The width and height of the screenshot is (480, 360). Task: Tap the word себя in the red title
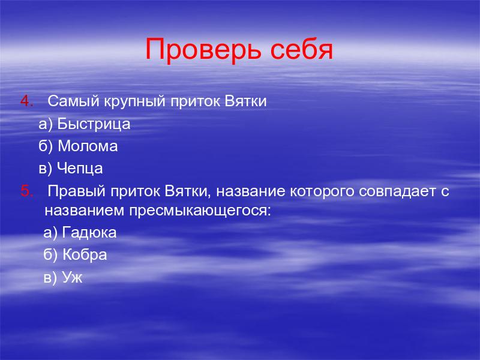(302, 49)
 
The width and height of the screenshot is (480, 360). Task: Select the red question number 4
(26, 101)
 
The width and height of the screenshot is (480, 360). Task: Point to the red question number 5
(26, 191)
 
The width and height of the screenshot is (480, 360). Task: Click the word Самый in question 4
(73, 101)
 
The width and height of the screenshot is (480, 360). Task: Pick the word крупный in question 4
(134, 102)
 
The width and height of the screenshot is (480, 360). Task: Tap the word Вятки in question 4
(245, 101)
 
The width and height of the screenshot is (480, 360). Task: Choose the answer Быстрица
(94, 124)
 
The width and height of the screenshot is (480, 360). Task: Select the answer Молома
(88, 146)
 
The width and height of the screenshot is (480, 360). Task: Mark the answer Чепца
(80, 169)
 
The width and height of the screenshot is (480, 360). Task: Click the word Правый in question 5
(77, 191)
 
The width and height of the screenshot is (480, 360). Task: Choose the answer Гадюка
(89, 233)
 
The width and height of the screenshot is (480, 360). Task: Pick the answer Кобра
(85, 255)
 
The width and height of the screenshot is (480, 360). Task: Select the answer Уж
(72, 278)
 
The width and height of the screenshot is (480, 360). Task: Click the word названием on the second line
(85, 211)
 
